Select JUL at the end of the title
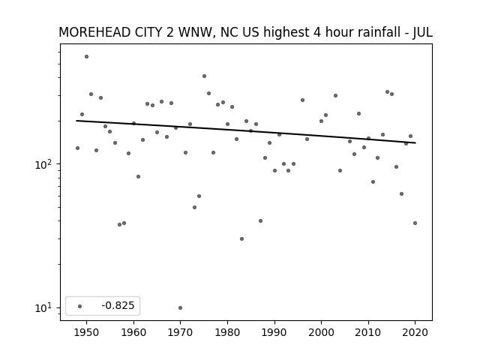(423, 32)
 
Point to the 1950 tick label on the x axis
(87, 332)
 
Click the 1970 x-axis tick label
(180, 332)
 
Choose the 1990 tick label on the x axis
(274, 332)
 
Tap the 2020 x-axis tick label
(415, 332)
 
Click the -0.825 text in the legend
(118, 305)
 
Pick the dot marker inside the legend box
(80, 306)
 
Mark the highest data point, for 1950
(87, 57)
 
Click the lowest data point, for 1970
(180, 307)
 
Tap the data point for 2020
(415, 223)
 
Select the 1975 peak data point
(204, 76)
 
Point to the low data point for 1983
(241, 238)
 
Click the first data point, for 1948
(77, 148)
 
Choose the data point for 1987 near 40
(260, 220)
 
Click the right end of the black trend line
(415, 142)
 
